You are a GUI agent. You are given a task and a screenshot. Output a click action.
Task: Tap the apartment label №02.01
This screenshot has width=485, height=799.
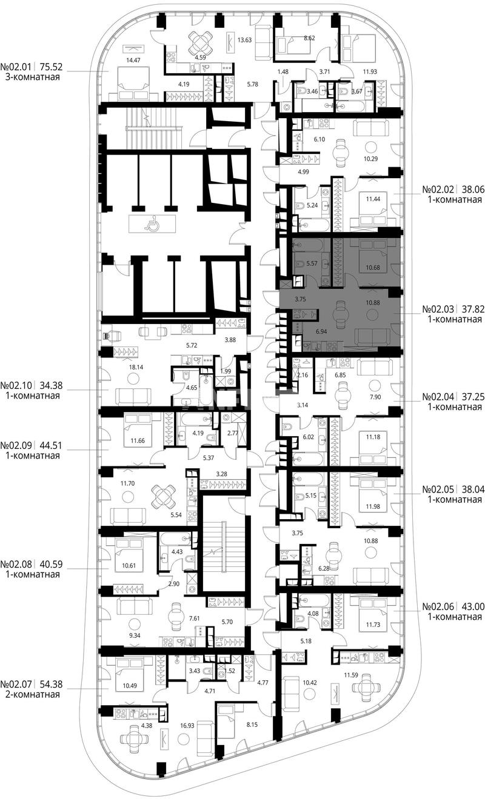16,67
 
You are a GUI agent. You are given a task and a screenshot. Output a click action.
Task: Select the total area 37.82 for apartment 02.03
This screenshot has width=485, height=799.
473,309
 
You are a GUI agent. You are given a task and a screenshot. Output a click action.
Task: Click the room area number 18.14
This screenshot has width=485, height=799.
136,366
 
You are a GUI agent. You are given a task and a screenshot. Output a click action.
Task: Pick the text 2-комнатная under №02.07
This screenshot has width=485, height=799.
32,694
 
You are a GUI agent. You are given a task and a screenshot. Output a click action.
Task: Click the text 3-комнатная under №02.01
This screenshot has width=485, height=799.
32,77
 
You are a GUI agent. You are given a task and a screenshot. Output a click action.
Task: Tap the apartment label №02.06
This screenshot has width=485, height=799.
438,606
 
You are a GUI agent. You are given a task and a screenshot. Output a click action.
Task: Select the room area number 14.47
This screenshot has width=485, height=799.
133,61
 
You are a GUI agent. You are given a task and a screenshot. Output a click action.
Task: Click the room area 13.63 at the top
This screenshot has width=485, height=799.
245,40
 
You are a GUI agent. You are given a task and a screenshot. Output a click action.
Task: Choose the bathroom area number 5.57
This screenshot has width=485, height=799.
312,264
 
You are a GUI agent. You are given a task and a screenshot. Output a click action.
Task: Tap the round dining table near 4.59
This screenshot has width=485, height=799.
200,41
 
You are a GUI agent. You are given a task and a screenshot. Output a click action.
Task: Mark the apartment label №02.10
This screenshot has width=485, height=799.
16,386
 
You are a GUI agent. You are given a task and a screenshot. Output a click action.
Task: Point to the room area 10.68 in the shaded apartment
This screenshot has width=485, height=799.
373,268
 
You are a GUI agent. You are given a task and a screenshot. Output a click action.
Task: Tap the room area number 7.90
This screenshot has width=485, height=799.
375,397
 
